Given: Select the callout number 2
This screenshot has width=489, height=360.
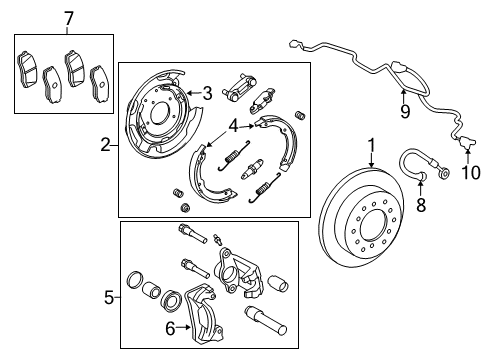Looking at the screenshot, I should pos(104,145).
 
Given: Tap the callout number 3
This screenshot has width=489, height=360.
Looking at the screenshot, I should pos(207,93).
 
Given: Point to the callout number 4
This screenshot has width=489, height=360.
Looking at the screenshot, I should pos(232,127).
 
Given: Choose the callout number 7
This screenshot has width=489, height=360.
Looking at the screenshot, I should pos(68,19).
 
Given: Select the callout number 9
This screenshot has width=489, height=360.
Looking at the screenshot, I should pos(405,111).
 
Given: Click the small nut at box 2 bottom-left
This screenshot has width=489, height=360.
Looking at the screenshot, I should pos(184,206).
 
